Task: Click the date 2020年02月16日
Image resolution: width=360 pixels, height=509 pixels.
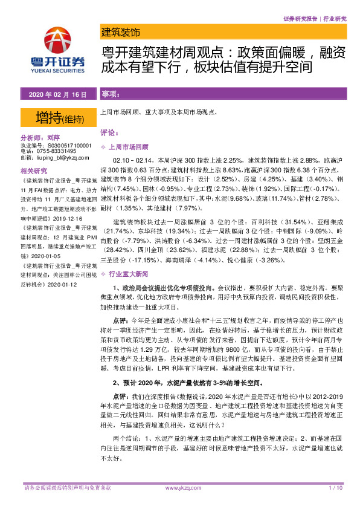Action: click(58, 95)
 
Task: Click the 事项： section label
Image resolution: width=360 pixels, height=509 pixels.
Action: click(111, 95)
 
